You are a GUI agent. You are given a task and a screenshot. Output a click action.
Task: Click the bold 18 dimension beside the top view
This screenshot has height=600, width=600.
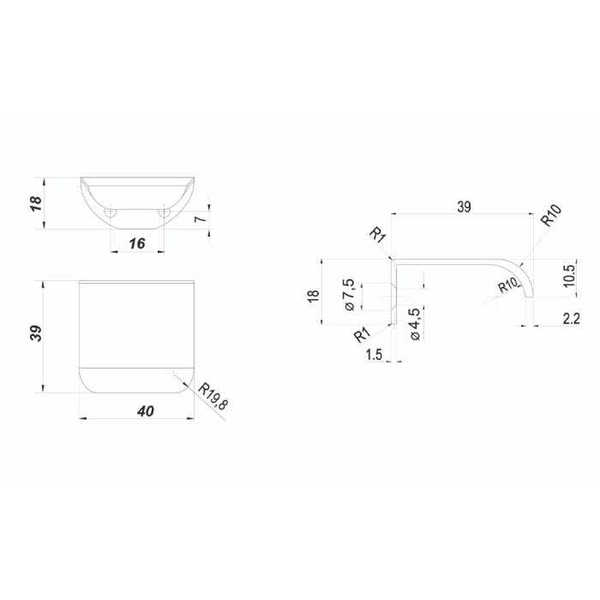(35, 203)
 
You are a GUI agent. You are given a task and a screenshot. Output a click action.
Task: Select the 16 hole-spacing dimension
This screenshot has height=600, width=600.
(137, 243)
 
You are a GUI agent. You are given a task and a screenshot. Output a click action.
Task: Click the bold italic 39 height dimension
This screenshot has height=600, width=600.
(36, 333)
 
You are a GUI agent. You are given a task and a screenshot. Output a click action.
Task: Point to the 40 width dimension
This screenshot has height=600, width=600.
(146, 411)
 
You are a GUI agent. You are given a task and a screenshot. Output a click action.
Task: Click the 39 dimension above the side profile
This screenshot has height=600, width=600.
(464, 207)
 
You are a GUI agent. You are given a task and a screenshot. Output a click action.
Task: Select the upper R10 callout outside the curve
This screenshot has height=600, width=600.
(551, 215)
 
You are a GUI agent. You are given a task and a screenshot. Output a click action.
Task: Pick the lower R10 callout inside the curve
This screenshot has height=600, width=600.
(507, 285)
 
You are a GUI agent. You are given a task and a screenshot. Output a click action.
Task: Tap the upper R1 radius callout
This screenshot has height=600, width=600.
(377, 235)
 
